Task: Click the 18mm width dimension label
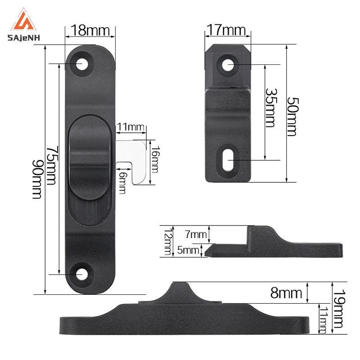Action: tap(90, 30)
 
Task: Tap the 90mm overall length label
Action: tap(37, 180)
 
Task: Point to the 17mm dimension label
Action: tap(226, 30)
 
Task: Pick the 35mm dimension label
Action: tap(271, 108)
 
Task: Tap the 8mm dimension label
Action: tap(286, 293)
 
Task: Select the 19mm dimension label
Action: tap(339, 309)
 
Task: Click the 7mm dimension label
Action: tap(196, 234)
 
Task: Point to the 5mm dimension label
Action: tap(188, 250)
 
